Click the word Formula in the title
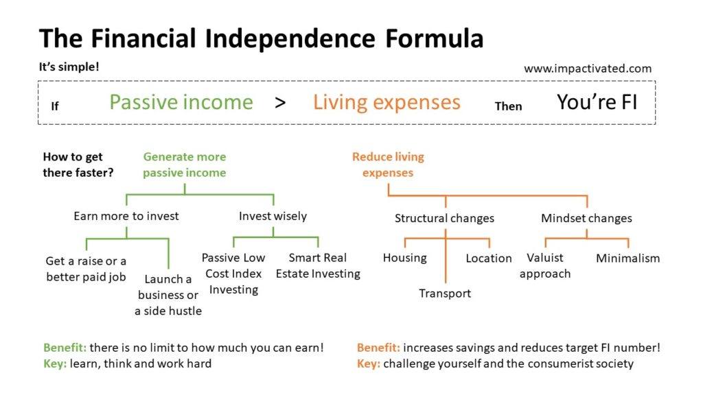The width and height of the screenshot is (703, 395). point(434,38)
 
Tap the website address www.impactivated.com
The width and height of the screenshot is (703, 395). point(588,69)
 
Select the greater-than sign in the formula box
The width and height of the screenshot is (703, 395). point(280,103)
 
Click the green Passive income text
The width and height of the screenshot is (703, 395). point(181,102)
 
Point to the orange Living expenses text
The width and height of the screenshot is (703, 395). point(387,103)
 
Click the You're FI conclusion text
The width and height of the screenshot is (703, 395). point(597,102)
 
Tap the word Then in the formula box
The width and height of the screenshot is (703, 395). point(508,106)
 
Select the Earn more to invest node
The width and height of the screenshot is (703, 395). point(126,216)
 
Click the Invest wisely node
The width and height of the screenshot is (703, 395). point(273,216)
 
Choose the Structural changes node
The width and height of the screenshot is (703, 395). point(444,218)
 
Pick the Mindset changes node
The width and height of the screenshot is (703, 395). point(586,218)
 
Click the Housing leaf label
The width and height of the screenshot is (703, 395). point(405,258)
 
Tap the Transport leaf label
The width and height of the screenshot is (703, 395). point(445,294)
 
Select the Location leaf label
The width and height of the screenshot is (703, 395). point(489,259)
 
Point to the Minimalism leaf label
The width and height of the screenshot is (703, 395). point(627,259)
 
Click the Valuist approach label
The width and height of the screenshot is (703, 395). point(545,265)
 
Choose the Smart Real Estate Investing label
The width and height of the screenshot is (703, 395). point(318,265)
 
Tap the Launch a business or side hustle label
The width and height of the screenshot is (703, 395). point(168,295)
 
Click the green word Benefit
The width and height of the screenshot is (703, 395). point(65,348)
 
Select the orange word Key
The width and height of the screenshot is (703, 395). point(369,363)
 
